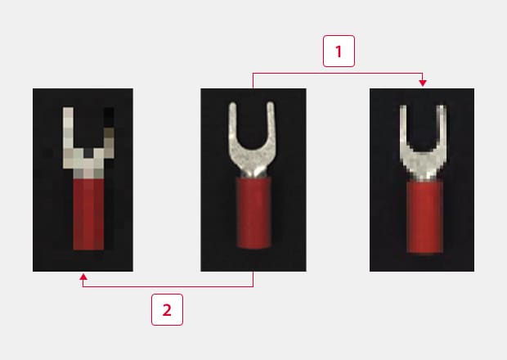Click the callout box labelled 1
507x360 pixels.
pyautogui.click(x=339, y=51)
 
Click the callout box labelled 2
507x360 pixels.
pyautogui.click(x=167, y=309)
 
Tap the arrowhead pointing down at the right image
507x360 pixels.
pyautogui.click(x=422, y=83)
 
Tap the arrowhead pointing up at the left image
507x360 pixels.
pyautogui.click(x=83, y=277)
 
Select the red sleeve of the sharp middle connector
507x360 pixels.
pyautogui.click(x=253, y=212)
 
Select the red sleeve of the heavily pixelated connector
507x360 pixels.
pyautogui.click(x=88, y=214)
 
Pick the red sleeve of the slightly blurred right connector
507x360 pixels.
pyautogui.click(x=424, y=217)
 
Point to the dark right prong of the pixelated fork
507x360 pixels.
pyautogui.click(x=109, y=133)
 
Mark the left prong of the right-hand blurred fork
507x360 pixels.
pyautogui.click(x=403, y=126)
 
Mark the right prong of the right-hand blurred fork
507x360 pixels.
pyautogui.click(x=442, y=126)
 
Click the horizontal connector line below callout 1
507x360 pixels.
pyautogui.click(x=338, y=74)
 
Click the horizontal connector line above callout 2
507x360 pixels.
pyautogui.click(x=168, y=286)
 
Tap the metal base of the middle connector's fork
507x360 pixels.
pyautogui.click(x=253, y=162)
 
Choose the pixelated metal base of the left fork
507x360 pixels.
pyautogui.click(x=88, y=164)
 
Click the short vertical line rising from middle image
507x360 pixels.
pyautogui.click(x=253, y=81)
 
